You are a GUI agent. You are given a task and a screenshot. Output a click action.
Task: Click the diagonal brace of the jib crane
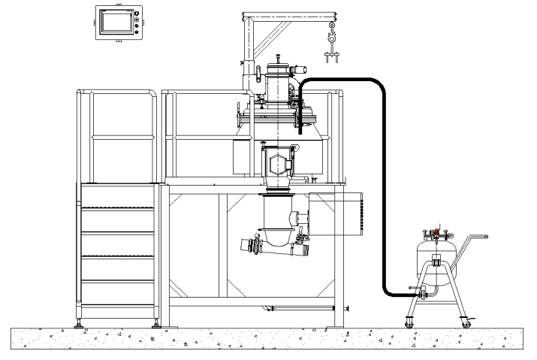tap(271, 36)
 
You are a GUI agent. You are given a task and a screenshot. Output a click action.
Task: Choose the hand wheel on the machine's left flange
tap(239, 119)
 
